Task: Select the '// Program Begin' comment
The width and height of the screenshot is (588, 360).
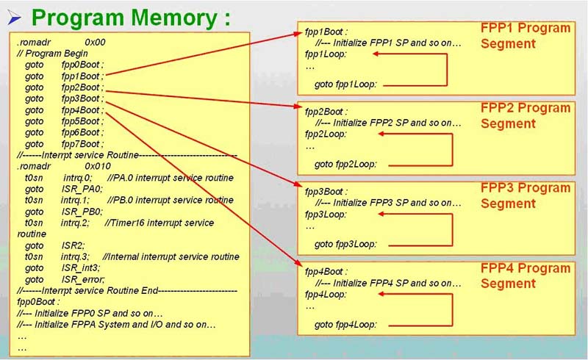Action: point(53,53)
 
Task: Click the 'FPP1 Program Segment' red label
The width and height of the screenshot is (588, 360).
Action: point(525,36)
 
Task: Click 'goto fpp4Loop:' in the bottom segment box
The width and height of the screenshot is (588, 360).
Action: point(345,323)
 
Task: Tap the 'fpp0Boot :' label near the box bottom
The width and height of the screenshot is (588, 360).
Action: point(39,302)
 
